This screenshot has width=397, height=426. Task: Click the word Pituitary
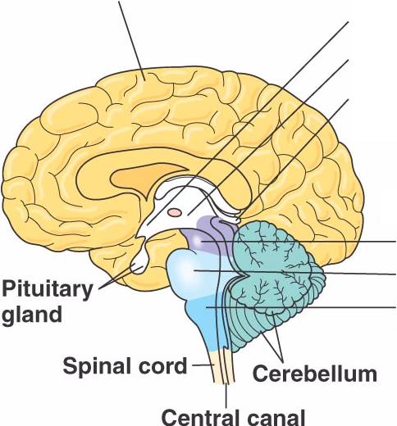48,291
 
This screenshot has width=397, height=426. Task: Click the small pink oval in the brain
175,212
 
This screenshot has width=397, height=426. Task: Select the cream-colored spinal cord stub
223,366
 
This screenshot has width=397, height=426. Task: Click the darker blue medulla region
208,322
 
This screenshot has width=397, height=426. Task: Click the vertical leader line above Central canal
226,396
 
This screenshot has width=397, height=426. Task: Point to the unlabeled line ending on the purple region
299,242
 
